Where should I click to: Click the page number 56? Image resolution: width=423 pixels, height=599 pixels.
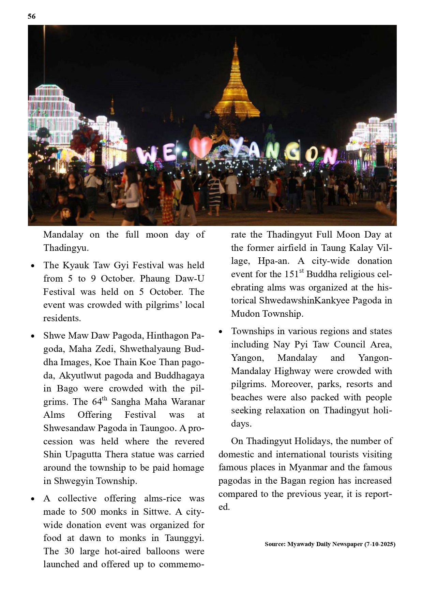click(x=32, y=16)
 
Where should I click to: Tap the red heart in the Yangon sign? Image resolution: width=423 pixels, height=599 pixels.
click(x=200, y=147)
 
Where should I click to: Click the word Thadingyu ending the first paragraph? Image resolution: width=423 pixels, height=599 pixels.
click(x=66, y=248)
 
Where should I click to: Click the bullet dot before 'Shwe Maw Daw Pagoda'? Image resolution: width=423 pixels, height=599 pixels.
click(x=33, y=336)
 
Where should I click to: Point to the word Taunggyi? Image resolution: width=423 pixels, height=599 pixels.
click(x=184, y=538)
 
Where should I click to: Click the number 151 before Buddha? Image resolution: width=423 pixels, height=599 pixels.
click(x=291, y=274)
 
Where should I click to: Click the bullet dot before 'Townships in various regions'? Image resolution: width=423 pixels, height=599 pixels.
click(x=221, y=332)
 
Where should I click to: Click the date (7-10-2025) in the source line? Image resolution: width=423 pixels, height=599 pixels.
click(x=380, y=544)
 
